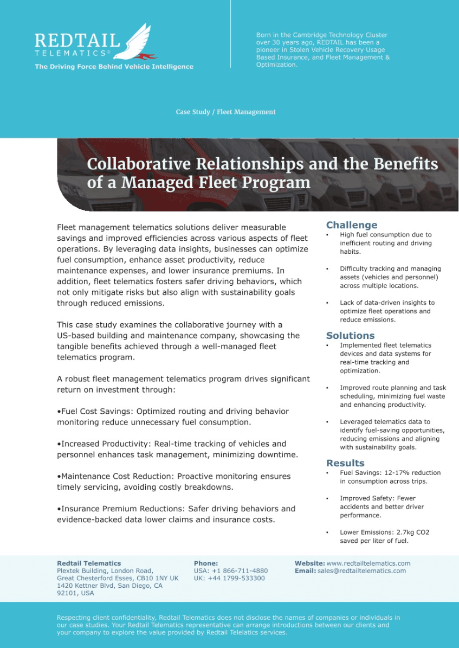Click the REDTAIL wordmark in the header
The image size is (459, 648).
pos(77,41)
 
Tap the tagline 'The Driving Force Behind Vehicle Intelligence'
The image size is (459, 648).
pos(114,67)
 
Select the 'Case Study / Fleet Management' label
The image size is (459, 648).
pos(225,112)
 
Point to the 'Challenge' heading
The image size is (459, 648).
pos(352,225)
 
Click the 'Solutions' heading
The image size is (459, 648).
pos(350,336)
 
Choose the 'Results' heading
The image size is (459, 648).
pos(345,463)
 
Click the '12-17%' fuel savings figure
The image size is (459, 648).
pos(396,473)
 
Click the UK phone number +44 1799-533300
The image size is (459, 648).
pos(236,578)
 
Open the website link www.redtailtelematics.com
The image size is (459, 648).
pos(369,563)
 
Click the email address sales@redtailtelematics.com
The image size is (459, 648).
pos(361,571)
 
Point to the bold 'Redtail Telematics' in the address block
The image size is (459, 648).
pos(89,563)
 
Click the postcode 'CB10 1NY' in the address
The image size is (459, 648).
pos(152,578)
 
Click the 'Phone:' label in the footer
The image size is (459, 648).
pos(206,563)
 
